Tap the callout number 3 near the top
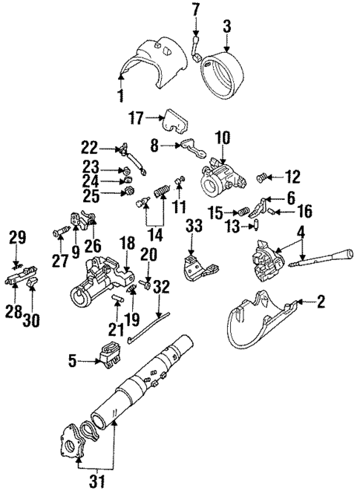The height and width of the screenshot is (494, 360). click(x=227, y=26)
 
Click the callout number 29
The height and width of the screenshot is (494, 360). click(x=16, y=238)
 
